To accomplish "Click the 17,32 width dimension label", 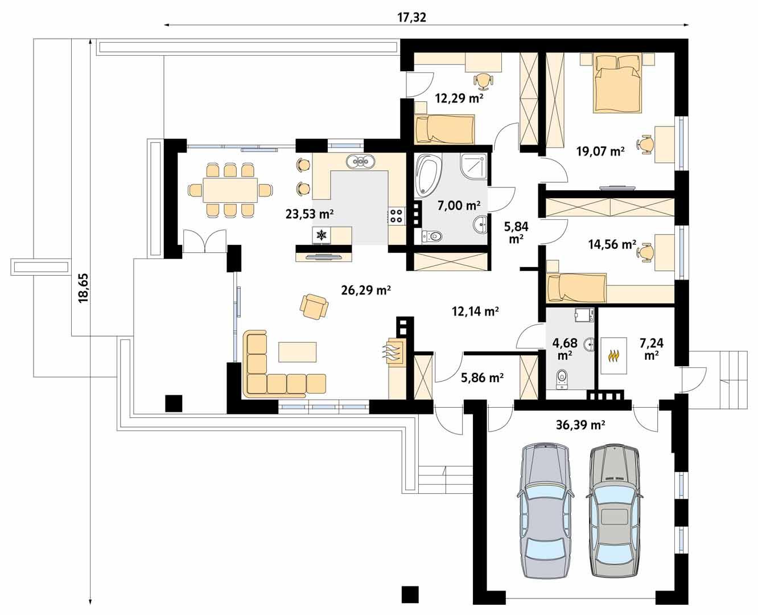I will click(x=411, y=17).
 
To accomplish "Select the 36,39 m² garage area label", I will click(x=579, y=424).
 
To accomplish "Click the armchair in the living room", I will click(x=314, y=306).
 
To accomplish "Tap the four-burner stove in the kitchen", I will click(x=396, y=215).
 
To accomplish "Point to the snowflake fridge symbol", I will click(x=322, y=235).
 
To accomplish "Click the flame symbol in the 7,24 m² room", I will click(x=613, y=356).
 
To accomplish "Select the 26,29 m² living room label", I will click(x=365, y=290).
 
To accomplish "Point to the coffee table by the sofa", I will click(x=297, y=352).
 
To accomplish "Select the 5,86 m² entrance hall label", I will click(x=481, y=377).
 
